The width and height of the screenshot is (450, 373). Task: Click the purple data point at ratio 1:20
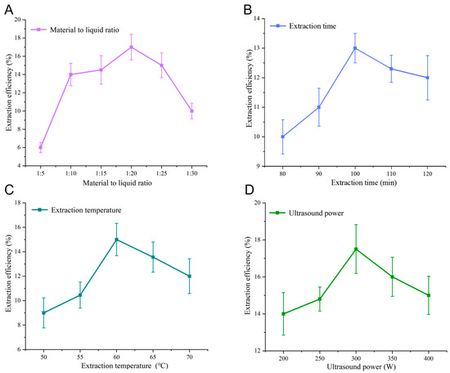coord(131,47)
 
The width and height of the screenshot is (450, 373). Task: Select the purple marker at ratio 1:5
coord(41,147)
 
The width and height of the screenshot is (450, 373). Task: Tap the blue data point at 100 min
coord(355,48)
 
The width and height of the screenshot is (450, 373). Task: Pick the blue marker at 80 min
coord(283,137)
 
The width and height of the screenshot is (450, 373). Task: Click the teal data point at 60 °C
coord(116,240)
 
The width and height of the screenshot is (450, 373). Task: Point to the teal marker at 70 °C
coord(190,276)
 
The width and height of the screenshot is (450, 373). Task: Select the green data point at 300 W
coord(356,249)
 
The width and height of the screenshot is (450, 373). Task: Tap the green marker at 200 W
coord(284,314)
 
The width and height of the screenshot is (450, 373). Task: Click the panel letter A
coord(9,10)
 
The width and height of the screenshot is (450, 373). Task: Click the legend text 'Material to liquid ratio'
coord(84,29)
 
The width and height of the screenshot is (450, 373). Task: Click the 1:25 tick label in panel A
coord(161,173)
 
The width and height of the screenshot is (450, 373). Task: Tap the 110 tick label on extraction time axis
coord(391,173)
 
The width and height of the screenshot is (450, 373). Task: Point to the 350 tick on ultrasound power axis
coord(392,358)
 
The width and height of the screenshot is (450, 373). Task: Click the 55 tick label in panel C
coord(80,357)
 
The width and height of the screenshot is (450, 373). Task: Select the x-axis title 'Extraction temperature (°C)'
coord(124,366)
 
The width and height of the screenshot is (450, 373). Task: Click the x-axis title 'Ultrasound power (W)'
coord(362,366)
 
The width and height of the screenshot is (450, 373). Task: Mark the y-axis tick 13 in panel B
coord(258,48)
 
